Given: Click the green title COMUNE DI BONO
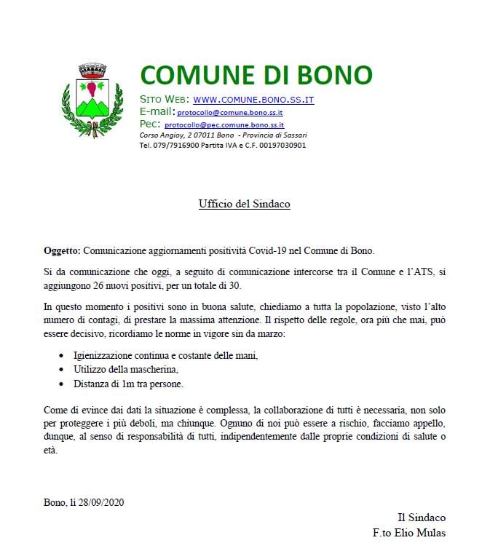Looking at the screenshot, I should pyautogui.click(x=256, y=75).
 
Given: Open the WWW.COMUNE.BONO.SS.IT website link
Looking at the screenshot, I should pyautogui.click(x=253, y=99).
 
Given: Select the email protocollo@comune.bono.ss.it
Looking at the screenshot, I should pyautogui.click(x=230, y=113).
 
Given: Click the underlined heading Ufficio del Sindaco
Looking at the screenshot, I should pyautogui.click(x=245, y=204).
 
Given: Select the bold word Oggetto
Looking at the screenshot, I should pyautogui.click(x=61, y=250).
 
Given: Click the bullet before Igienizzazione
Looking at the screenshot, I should pyautogui.click(x=60, y=357).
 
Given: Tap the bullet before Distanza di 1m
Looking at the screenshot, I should pyautogui.click(x=60, y=384).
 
